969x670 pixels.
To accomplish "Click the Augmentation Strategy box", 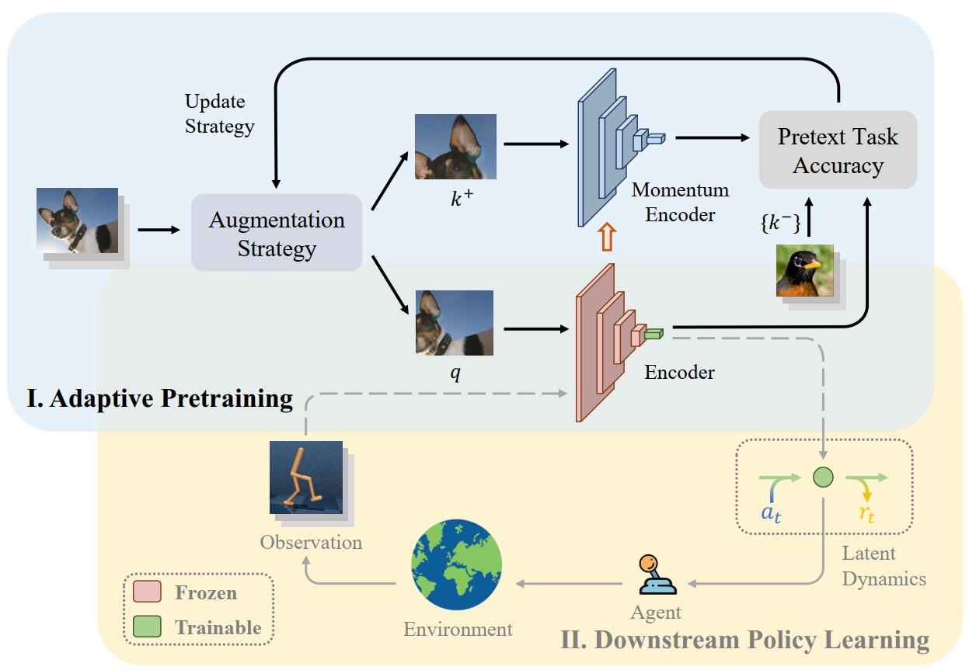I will (x=277, y=233).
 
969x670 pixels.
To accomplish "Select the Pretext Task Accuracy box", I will (x=838, y=150).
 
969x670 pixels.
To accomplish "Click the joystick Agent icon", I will (x=656, y=574).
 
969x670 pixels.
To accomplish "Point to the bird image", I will (x=805, y=271).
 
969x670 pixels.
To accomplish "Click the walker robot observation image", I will (x=306, y=477).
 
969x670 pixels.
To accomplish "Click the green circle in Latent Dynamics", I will (x=823, y=477).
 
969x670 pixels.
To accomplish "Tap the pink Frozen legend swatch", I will (x=147, y=593).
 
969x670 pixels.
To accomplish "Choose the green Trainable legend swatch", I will (x=147, y=627).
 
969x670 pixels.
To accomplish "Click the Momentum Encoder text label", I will (x=680, y=202).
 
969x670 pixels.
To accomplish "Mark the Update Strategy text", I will (x=219, y=114).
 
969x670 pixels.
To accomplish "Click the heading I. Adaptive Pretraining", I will (x=159, y=398).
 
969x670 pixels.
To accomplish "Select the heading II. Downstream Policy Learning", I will (x=744, y=640).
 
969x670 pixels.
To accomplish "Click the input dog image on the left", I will (x=78, y=221).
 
